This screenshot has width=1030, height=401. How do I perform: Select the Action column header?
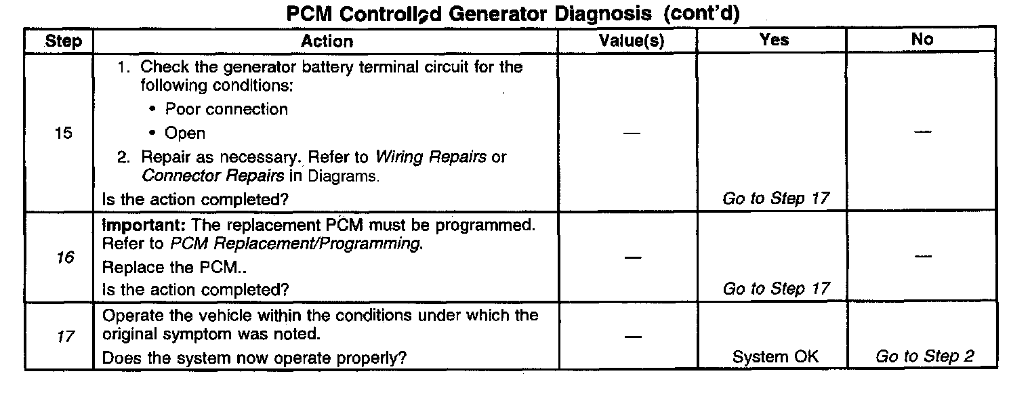pos(327,41)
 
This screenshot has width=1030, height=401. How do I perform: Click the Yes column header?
pos(774,40)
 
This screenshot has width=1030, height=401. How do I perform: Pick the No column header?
pos(922,40)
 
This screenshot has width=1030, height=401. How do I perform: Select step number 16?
pos(65,257)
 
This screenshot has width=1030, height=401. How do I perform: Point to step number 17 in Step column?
pos(65,337)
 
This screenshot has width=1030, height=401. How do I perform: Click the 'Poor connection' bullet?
pos(226,110)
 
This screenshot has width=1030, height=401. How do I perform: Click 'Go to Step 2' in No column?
pos(924,357)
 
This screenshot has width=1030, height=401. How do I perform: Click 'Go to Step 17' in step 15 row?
pos(776,199)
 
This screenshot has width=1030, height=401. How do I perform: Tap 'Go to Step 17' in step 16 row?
pos(776,289)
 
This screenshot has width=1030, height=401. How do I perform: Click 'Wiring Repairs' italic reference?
pos(431,157)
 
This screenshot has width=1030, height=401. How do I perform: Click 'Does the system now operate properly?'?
pos(254,357)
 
